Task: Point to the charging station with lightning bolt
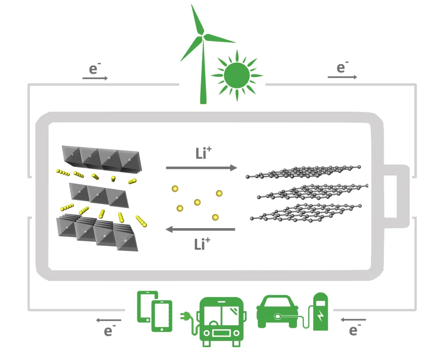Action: coord(320,312)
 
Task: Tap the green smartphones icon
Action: coord(154,311)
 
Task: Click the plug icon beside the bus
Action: coord(187,316)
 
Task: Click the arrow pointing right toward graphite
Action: coord(201,168)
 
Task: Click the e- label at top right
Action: coord(342,68)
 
